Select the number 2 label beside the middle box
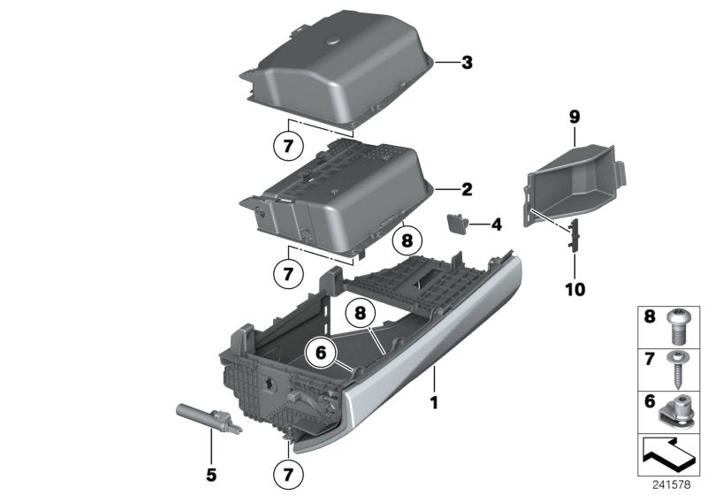467,189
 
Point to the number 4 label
496,225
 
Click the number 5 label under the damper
211,475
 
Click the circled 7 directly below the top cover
288,147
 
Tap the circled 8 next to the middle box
407,239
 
